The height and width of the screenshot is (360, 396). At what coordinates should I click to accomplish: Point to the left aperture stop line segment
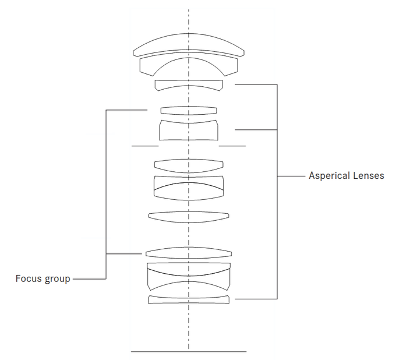[145, 146]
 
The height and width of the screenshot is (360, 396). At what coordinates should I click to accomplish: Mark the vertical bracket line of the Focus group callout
[105, 192]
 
